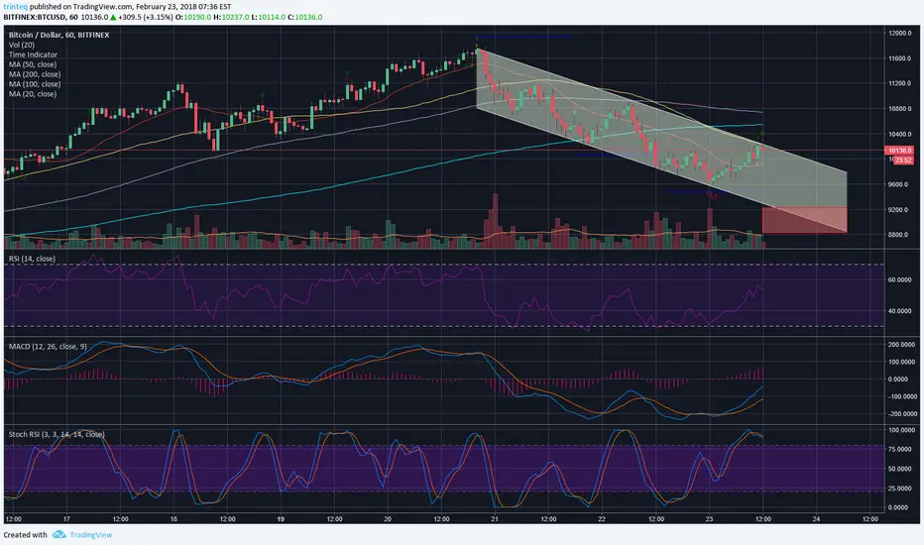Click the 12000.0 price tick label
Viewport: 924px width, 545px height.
coord(899,33)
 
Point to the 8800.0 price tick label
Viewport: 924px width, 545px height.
coord(898,235)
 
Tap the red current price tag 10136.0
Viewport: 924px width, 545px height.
coord(899,151)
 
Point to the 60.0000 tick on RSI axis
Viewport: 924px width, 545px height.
coord(900,280)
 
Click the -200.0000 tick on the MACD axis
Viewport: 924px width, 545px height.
coord(899,413)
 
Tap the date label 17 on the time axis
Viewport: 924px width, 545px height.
coord(64,518)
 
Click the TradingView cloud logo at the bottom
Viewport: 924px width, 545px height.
coord(59,534)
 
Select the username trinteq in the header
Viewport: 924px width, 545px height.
coord(20,5)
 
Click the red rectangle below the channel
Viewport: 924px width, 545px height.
coord(803,219)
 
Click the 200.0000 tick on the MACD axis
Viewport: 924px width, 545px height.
coord(899,344)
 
